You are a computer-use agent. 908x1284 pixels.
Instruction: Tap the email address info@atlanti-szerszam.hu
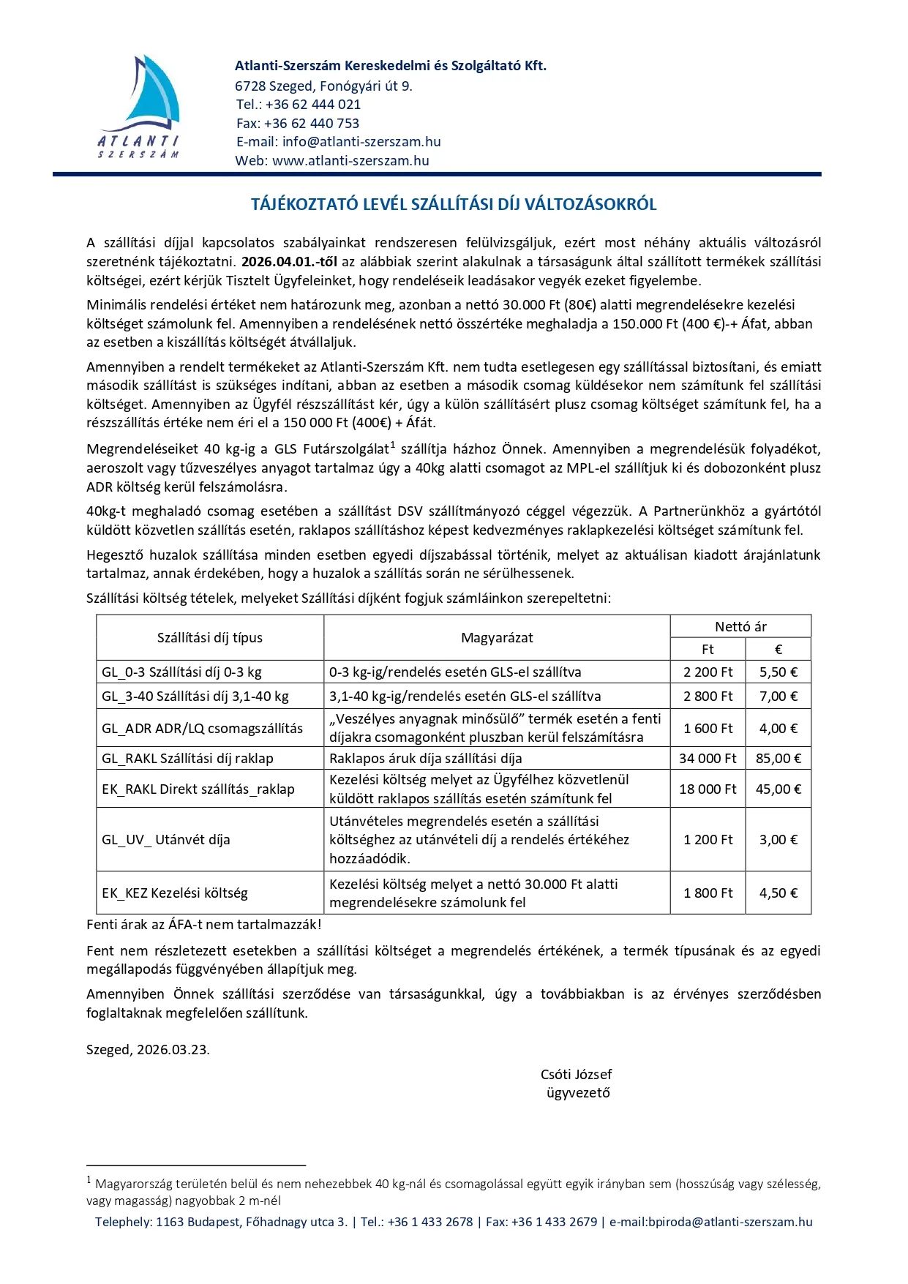pos(361,142)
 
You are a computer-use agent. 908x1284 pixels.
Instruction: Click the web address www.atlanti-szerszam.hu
pos(350,161)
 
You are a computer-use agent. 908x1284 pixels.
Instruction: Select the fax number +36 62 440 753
pos(312,124)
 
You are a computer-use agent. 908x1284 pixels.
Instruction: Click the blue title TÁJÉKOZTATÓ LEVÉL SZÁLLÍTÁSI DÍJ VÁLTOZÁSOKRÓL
pos(454,205)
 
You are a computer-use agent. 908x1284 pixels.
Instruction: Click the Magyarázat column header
pos(497,638)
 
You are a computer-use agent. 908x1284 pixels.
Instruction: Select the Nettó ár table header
pos(740,627)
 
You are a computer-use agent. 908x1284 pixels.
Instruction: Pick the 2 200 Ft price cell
pos(708,672)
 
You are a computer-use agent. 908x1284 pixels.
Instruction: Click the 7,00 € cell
pos(778,697)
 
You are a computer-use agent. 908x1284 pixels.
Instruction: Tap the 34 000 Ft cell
pos(708,759)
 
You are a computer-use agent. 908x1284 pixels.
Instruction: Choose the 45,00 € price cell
pos(778,789)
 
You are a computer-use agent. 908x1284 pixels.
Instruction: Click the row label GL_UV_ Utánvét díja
pos(166,840)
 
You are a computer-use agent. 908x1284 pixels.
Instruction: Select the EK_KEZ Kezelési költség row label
pos(175,893)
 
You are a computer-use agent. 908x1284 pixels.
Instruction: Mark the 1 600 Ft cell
pos(708,729)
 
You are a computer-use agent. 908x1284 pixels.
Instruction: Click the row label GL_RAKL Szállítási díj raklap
pos(187,759)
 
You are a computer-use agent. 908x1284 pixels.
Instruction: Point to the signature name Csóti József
pos(576,1075)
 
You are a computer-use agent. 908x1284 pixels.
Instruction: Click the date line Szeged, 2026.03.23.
pos(148,1050)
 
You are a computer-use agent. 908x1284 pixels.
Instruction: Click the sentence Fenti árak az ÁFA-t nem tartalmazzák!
pos(204,925)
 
